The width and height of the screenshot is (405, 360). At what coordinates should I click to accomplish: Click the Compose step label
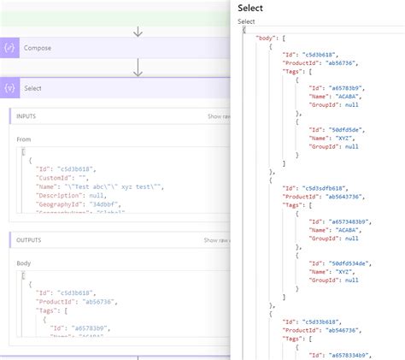pos(37,48)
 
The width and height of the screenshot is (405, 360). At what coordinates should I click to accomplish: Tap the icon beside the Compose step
pos(11,48)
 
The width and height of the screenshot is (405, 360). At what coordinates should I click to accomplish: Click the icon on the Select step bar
pos(11,88)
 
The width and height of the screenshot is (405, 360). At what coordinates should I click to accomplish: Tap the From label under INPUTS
pos(24,139)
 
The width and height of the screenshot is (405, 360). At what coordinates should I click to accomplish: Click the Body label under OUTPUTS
pos(24,263)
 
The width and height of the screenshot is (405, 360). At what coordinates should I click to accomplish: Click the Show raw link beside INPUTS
pos(218,116)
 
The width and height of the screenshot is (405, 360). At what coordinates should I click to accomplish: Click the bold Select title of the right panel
pos(250,8)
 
